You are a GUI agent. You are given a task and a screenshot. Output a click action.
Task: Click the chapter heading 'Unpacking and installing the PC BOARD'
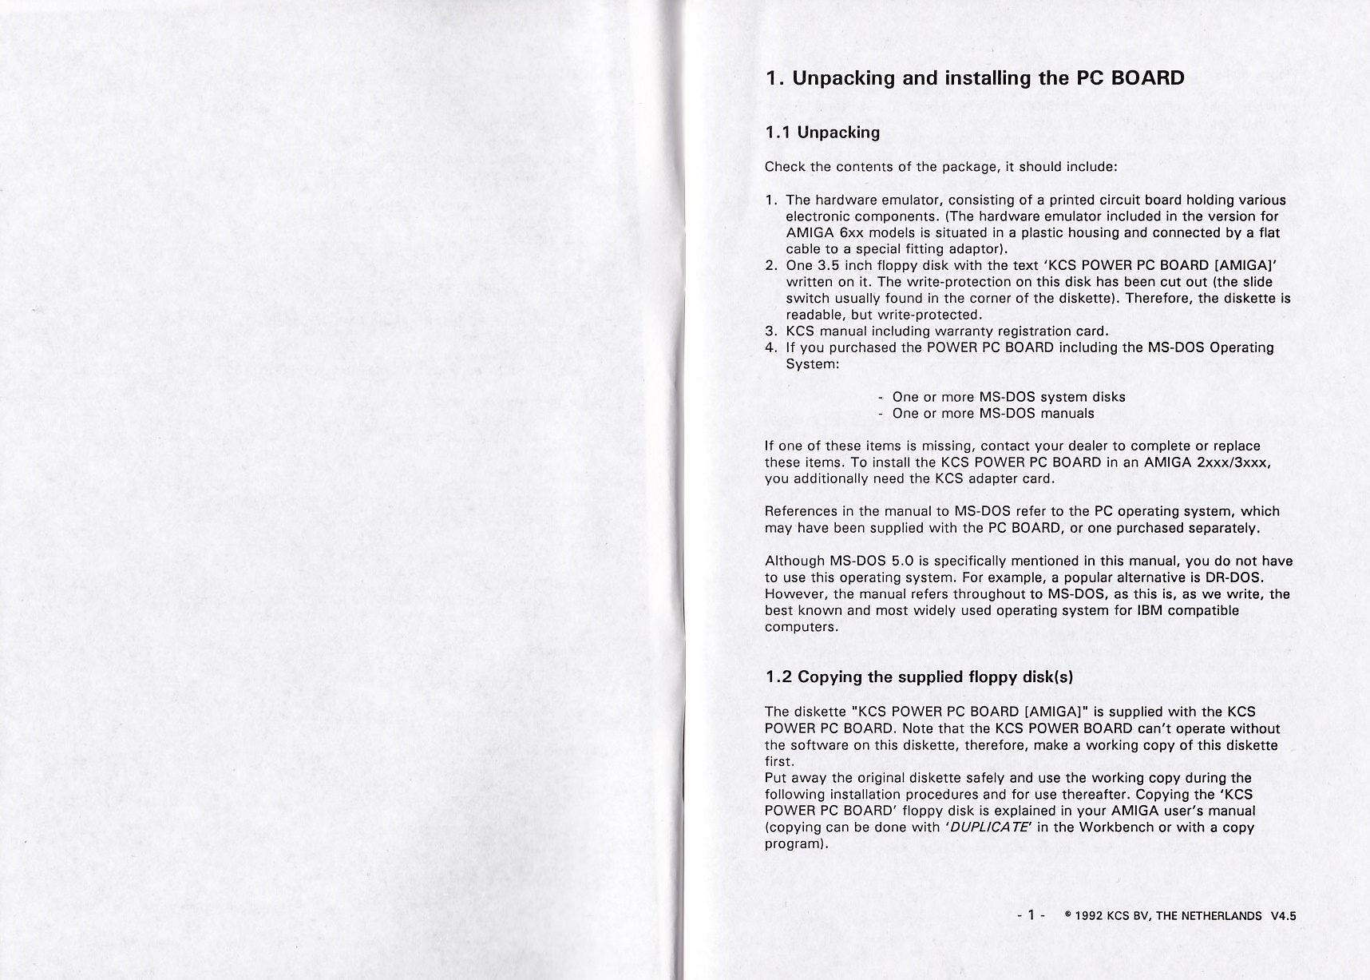pyautogui.click(x=988, y=78)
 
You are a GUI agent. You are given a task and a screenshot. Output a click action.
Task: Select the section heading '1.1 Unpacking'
pyautogui.click(x=822, y=133)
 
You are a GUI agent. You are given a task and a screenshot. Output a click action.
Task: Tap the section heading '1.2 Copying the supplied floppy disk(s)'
pyautogui.click(x=919, y=677)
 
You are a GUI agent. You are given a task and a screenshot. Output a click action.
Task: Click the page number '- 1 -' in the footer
pyautogui.click(x=1031, y=915)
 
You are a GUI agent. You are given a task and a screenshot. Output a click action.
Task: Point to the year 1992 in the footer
pyautogui.click(x=1090, y=915)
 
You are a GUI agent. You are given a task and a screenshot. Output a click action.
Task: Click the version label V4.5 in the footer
pyautogui.click(x=1283, y=915)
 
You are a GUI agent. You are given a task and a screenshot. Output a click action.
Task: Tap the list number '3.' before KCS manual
pyautogui.click(x=771, y=331)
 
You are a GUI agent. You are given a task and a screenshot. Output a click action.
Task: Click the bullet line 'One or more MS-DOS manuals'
pyautogui.click(x=992, y=413)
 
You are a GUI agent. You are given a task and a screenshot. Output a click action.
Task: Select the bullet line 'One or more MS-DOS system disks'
pyautogui.click(x=1008, y=397)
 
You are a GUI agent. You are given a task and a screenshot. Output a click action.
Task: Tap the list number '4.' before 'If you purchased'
pyautogui.click(x=771, y=347)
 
